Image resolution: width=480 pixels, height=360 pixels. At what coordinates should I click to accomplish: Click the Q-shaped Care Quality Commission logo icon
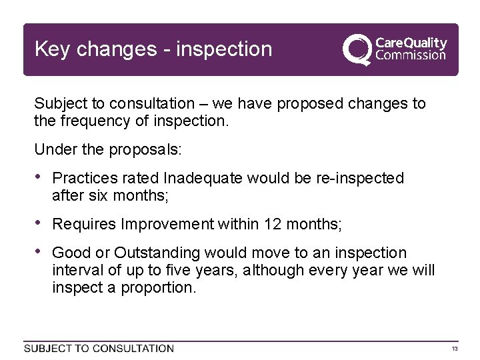pyautogui.click(x=356, y=49)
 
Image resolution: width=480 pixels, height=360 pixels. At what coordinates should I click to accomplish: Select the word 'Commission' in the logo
pyautogui.click(x=411, y=55)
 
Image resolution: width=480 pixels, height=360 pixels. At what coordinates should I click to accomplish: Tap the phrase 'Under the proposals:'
pyautogui.click(x=107, y=150)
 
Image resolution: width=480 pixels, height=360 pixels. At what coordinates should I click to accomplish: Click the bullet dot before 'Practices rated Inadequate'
pyautogui.click(x=39, y=178)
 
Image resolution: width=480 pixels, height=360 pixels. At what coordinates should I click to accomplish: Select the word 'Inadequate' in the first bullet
pyautogui.click(x=204, y=179)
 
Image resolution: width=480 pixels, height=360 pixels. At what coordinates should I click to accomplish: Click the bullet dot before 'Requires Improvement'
pyautogui.click(x=39, y=224)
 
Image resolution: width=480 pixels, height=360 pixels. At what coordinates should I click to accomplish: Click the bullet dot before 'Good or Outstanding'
pyautogui.click(x=39, y=253)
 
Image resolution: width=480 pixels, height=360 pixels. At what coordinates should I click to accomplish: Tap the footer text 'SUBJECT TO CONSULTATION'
pyautogui.click(x=99, y=349)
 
